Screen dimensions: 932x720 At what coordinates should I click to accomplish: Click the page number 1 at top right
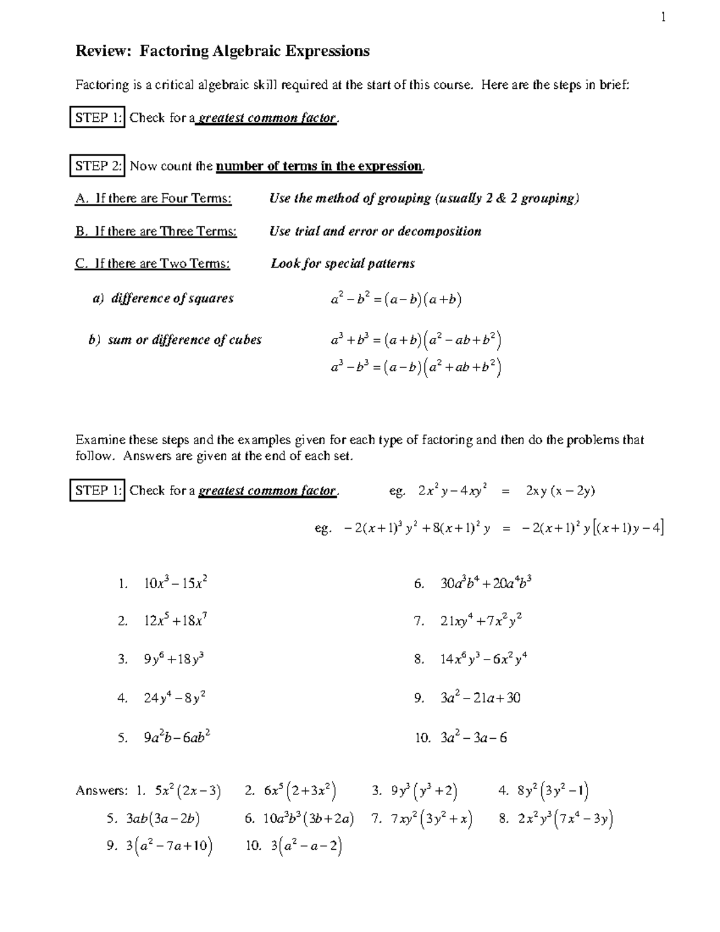(x=663, y=17)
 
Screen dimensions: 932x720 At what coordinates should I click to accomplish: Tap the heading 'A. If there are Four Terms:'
(x=153, y=199)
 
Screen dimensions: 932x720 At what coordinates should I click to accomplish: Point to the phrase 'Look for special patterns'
(x=343, y=263)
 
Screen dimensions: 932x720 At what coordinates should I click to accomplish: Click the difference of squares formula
(x=396, y=299)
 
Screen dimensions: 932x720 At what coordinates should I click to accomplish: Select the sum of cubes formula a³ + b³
(x=416, y=341)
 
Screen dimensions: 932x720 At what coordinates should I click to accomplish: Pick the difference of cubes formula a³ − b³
(x=416, y=367)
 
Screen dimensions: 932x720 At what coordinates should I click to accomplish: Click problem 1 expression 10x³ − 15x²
(x=176, y=583)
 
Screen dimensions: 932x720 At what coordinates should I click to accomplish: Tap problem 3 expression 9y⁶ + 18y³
(x=174, y=659)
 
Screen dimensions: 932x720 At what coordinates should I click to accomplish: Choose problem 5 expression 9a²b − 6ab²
(x=176, y=738)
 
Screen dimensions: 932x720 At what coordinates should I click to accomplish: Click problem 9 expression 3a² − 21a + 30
(x=480, y=698)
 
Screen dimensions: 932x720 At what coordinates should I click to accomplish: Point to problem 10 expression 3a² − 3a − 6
(x=473, y=738)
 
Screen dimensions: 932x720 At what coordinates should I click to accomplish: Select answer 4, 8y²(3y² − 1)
(x=553, y=791)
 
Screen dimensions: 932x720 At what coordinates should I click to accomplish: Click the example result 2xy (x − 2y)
(x=560, y=491)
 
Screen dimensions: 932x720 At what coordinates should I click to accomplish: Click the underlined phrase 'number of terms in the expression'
(x=319, y=166)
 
